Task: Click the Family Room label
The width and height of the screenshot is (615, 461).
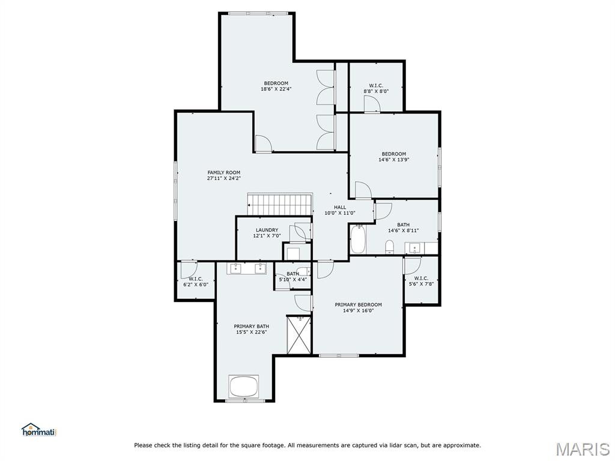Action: (x=223, y=172)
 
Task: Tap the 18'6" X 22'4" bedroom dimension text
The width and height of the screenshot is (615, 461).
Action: (x=276, y=89)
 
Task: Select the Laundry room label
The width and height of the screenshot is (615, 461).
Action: (x=267, y=230)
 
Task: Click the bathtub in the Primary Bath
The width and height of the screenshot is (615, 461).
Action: (x=244, y=387)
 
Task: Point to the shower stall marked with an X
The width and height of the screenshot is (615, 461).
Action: (x=299, y=335)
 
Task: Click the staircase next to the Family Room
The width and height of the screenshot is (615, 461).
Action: (x=280, y=204)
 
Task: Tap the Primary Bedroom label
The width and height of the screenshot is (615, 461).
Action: (x=358, y=304)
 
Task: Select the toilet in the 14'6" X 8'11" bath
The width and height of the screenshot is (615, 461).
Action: (x=389, y=247)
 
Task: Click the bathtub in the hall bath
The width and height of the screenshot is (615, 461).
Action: (x=358, y=239)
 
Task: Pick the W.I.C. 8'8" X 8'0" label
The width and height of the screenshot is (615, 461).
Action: (x=376, y=88)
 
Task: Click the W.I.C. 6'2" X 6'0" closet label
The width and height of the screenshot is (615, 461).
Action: (x=196, y=282)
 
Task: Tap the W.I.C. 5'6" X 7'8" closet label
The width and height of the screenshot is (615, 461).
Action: (x=421, y=281)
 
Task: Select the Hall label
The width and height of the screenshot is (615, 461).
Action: (x=340, y=207)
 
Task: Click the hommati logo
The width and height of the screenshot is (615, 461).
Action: (x=39, y=430)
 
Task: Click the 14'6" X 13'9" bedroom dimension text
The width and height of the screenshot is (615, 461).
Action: (x=394, y=160)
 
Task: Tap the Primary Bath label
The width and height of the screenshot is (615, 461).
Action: (x=252, y=326)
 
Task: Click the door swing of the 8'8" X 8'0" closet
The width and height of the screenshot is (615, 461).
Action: (x=372, y=104)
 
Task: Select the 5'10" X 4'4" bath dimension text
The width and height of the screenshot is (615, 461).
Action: (x=292, y=280)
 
